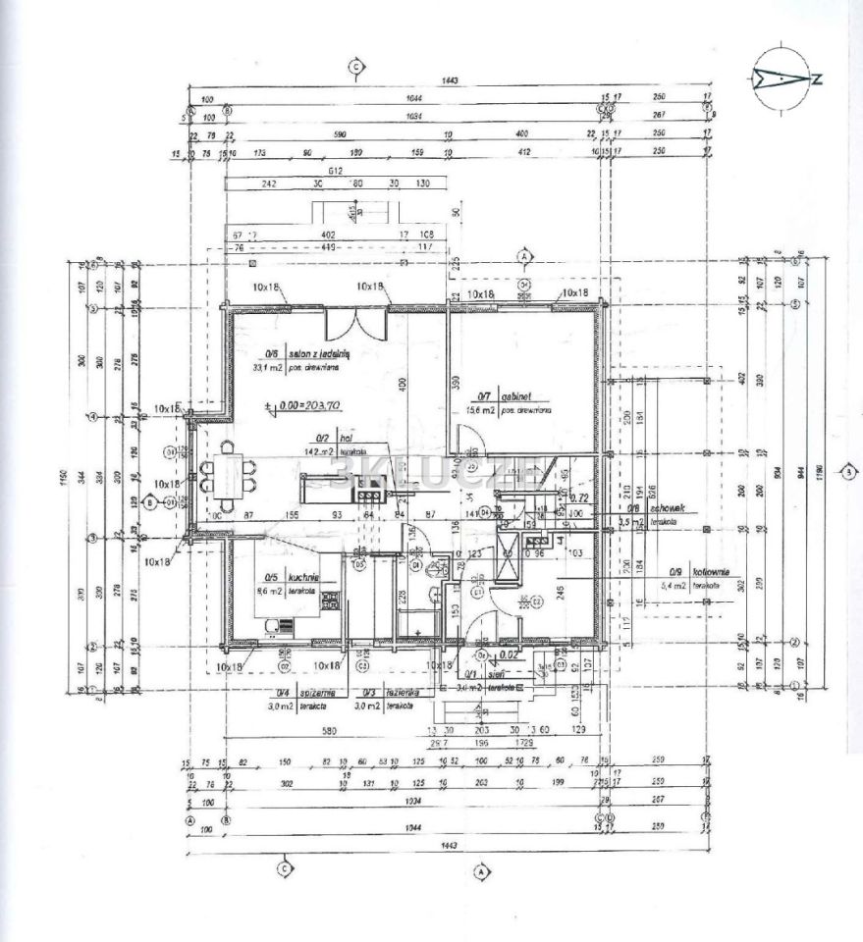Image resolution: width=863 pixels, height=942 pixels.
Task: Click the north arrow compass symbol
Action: tap(781, 76)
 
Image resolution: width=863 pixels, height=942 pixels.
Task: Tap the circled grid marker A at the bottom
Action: tap(482, 868)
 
